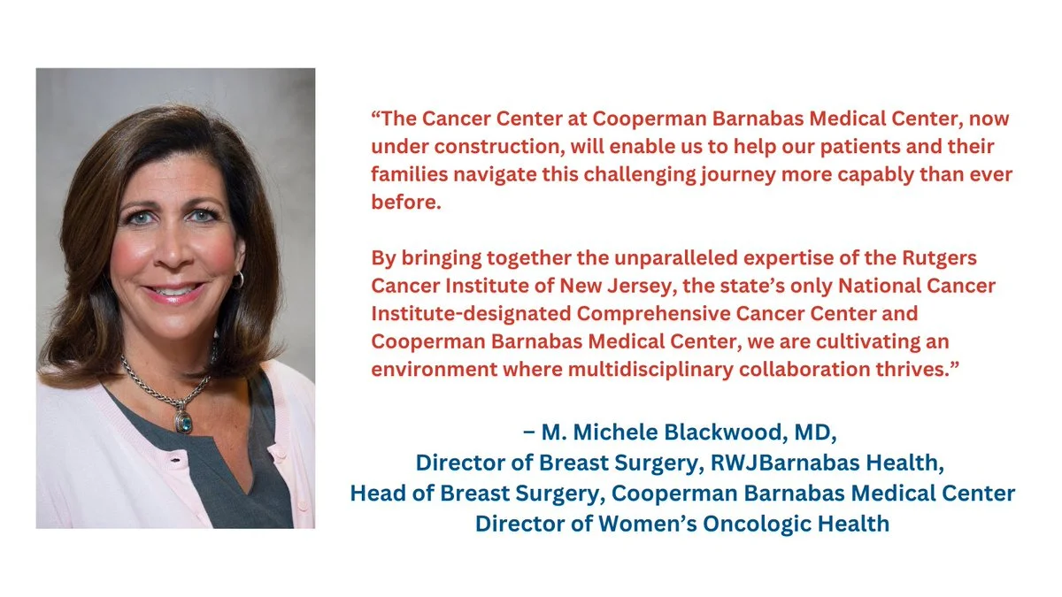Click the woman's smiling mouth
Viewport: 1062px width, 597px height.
coord(173,290)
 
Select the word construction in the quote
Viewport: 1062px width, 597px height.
coord(499,147)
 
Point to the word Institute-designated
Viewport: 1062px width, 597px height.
coord(471,314)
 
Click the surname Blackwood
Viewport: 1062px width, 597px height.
coord(724,432)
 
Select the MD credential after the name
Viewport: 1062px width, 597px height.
coord(812,432)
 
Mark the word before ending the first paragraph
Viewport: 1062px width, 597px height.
coord(406,203)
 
